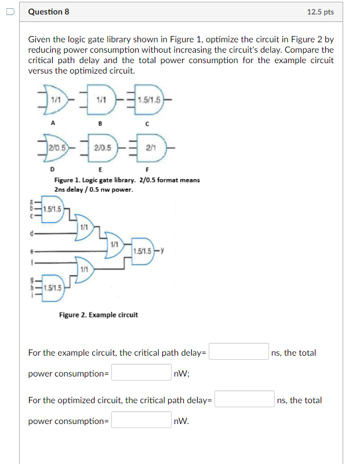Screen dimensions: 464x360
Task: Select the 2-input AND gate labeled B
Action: pyautogui.click(x=99, y=100)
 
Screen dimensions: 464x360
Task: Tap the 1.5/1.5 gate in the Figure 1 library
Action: pyautogui.click(x=148, y=100)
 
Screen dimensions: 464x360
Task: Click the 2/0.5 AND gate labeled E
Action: pyautogui.click(x=101, y=148)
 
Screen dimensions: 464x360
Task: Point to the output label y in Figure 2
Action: pyautogui.click(x=163, y=250)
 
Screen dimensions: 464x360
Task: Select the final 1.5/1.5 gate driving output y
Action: pyautogui.click(x=143, y=251)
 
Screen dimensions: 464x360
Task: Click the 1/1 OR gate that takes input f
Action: pyautogui.click(x=85, y=269)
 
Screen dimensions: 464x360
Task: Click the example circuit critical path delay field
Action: pyautogui.click(x=238, y=352)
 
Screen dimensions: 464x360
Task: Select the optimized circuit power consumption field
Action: pyautogui.click(x=141, y=420)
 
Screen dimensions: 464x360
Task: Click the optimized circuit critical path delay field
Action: pyautogui.click(x=245, y=399)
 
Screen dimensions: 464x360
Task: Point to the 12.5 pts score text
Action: pyautogui.click(x=320, y=12)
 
